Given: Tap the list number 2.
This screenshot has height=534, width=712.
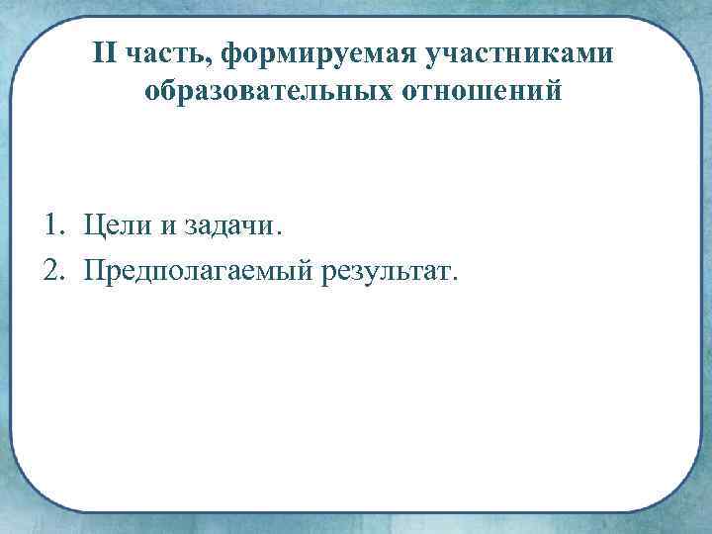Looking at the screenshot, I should (50, 268).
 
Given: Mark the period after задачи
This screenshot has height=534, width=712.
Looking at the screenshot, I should (279, 233).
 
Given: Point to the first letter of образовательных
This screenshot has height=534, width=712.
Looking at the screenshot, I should (151, 93).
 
